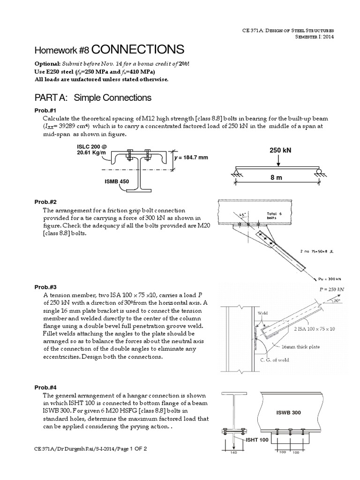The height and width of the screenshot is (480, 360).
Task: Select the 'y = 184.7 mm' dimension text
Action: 191,157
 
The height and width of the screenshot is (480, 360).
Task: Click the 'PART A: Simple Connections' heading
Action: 93,97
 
